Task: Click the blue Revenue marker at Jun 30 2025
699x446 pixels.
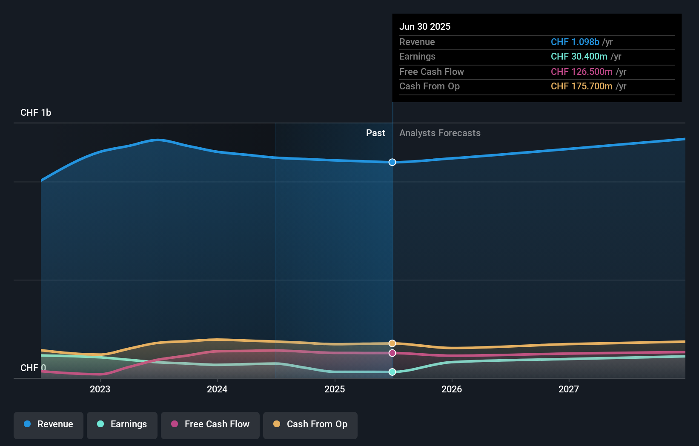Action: [392, 162]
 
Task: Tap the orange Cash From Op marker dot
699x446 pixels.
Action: [392, 343]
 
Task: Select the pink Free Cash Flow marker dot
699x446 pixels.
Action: [392, 353]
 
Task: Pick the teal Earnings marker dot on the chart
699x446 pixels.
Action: [392, 372]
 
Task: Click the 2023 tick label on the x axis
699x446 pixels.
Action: [100, 389]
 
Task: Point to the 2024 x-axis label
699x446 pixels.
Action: [217, 389]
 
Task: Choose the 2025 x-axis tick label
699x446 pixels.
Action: [335, 389]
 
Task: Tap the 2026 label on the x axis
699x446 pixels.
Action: [452, 389]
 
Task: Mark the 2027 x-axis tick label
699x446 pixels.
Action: [569, 389]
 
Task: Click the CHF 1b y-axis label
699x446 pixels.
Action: [36, 113]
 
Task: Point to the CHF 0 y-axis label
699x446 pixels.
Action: [33, 368]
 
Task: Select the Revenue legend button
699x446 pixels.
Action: [49, 424]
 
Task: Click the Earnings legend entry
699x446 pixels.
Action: [122, 424]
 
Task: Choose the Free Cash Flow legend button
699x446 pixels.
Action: [210, 424]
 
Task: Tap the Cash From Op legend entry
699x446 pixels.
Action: [310, 424]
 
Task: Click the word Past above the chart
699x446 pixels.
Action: [375, 133]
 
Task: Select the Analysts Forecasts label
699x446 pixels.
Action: [440, 133]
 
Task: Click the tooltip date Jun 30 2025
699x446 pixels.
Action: [425, 26]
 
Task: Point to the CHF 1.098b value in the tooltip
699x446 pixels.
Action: [575, 42]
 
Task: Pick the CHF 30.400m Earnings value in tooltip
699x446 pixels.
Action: [579, 57]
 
